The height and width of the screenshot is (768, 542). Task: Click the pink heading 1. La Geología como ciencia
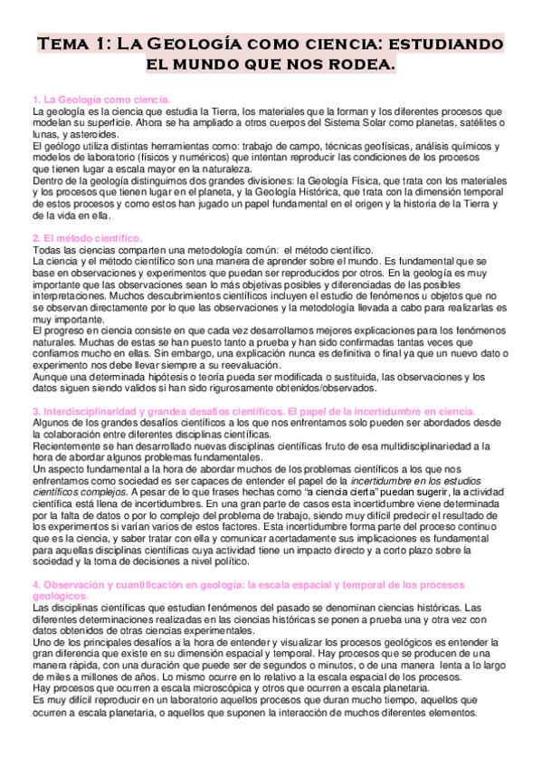click(100, 99)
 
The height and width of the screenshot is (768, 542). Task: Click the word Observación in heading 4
click(71, 585)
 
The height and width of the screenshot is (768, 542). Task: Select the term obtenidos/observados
click(309, 387)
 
